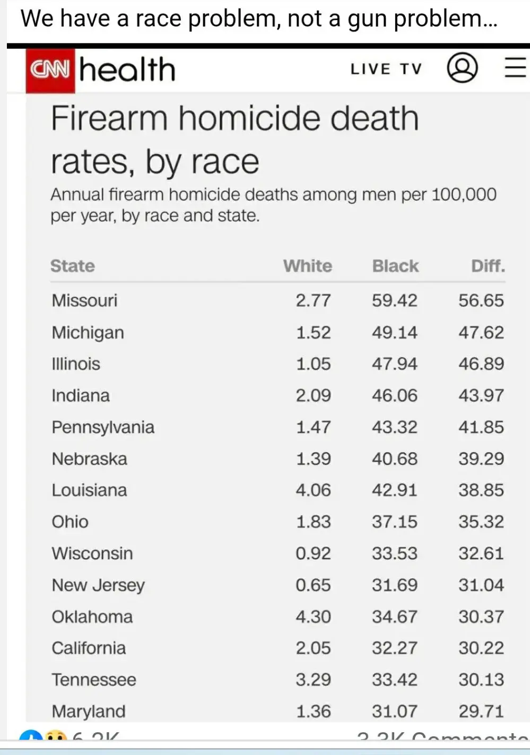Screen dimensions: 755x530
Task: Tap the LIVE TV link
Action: click(x=386, y=69)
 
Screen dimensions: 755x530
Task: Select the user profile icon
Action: click(x=462, y=68)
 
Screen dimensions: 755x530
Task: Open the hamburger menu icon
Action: click(x=515, y=68)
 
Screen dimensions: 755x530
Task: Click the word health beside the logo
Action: click(x=127, y=70)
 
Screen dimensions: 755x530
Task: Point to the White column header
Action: click(x=307, y=266)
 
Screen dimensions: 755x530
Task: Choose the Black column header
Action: click(x=395, y=266)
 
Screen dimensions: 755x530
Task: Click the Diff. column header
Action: click(x=488, y=266)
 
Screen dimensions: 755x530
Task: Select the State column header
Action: click(x=73, y=266)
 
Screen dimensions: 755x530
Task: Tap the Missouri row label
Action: click(x=84, y=300)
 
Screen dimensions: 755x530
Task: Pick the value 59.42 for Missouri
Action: click(x=394, y=300)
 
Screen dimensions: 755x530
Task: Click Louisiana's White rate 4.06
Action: click(x=313, y=490)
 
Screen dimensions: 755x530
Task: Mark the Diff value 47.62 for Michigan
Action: click(x=481, y=332)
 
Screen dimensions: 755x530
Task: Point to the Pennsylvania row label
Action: click(x=103, y=427)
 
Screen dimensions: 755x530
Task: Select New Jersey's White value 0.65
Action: click(x=313, y=585)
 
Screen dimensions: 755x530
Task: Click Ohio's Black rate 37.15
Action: click(x=394, y=522)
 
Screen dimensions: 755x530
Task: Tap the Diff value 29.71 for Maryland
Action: click(x=481, y=711)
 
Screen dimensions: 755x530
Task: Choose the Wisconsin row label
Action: click(x=92, y=553)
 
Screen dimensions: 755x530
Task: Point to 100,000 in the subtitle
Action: click(x=464, y=195)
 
